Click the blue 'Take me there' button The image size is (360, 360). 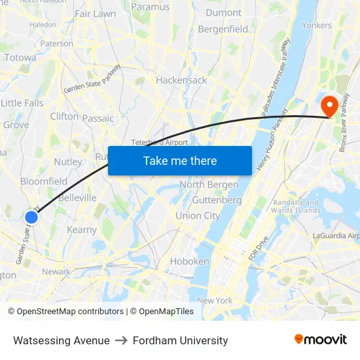coord(180,161)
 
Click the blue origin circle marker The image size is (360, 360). coord(31,217)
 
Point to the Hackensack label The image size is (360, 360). coord(181,80)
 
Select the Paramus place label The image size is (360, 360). coord(150,7)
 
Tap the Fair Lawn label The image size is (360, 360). coord(95,13)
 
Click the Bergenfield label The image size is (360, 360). coord(223,29)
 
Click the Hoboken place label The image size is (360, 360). coord(190,261)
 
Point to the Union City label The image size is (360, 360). coord(198,215)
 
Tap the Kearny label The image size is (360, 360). coord(82,230)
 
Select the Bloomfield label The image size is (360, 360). coord(44,181)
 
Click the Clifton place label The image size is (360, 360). coord(64,116)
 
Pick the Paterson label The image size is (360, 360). coord(57,43)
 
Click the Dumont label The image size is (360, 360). coord(223,12)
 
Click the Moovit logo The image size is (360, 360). coord(320,340)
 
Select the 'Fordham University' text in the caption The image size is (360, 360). coord(180,340)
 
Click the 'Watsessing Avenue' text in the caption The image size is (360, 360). coord(62,340)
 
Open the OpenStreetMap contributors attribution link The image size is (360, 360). coord(70,312)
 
